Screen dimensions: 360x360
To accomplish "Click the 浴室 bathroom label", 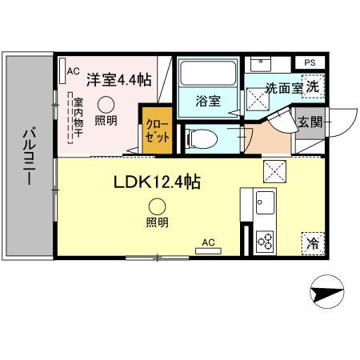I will [x=208, y=101].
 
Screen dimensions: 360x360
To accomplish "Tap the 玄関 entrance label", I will [x=311, y=122].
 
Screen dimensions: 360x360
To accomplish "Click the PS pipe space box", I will [x=310, y=62].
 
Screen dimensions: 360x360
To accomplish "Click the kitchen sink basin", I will [x=265, y=203].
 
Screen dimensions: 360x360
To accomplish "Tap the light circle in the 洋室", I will [x=105, y=103].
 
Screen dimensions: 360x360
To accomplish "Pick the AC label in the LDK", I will [x=208, y=242].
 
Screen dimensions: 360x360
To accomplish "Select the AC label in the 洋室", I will [x=72, y=71].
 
